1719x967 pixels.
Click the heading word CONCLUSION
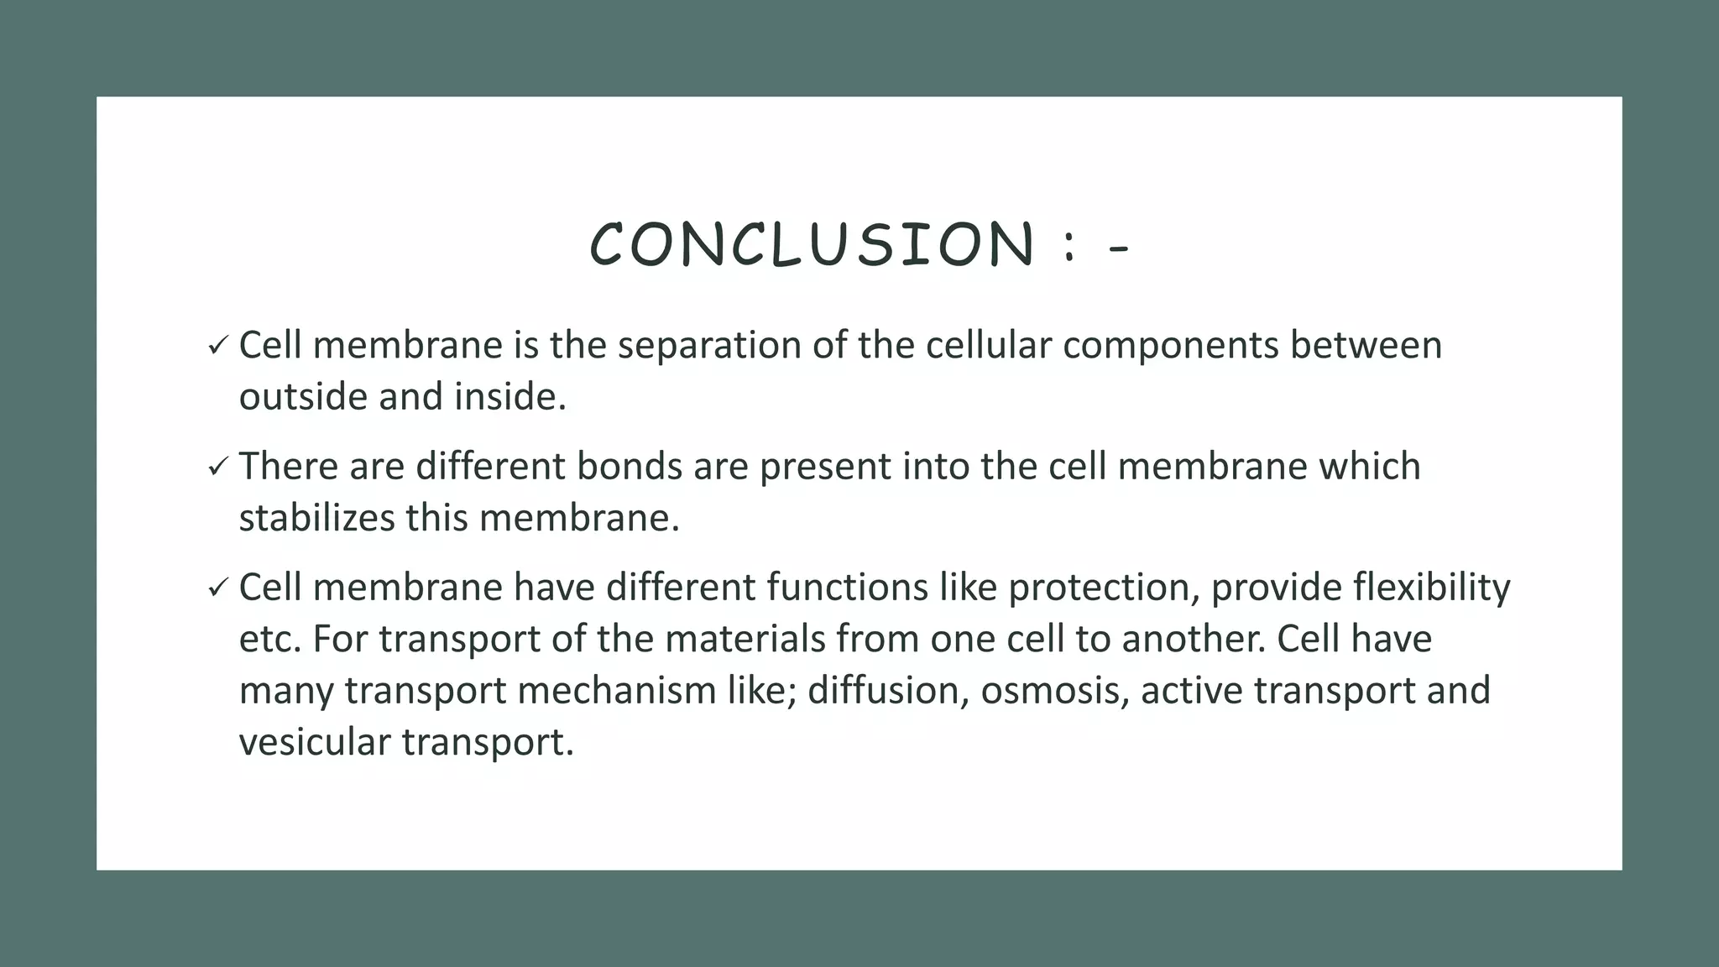pyautogui.click(x=812, y=244)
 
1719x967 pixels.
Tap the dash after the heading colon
pyautogui.click(x=1119, y=248)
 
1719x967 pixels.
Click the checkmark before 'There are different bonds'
pyautogui.click(x=217, y=467)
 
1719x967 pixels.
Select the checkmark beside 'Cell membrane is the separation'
pyautogui.click(x=217, y=346)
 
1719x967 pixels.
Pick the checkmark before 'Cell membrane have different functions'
pyautogui.click(x=217, y=588)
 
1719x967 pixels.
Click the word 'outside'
pyautogui.click(x=303, y=397)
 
